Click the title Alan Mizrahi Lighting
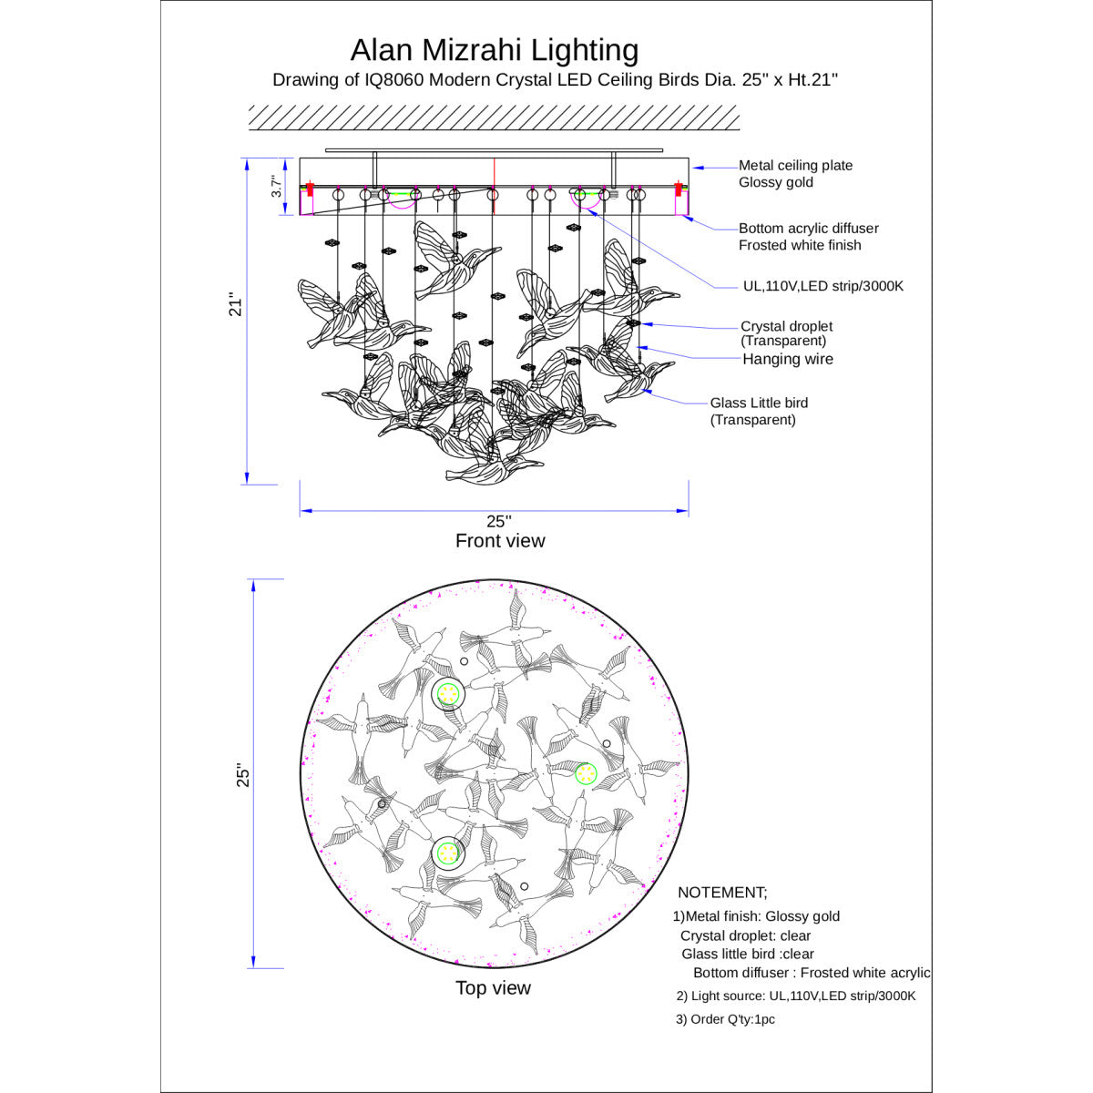click(x=494, y=50)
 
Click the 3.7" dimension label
click(x=276, y=186)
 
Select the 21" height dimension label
click(x=235, y=304)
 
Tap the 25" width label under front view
click(x=498, y=521)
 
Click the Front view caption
click(x=500, y=540)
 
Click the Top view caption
click(x=493, y=987)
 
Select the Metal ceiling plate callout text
click(x=795, y=174)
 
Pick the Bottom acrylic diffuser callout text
click(x=808, y=237)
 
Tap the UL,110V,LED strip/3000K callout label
click(x=823, y=286)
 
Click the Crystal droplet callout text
click(x=786, y=333)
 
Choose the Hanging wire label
click(x=788, y=359)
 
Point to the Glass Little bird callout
click(x=759, y=411)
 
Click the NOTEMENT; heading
click(x=722, y=893)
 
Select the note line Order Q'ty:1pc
click(x=725, y=1019)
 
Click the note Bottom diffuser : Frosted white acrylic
click(x=812, y=973)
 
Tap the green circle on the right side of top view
click(x=586, y=773)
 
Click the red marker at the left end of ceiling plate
click(x=310, y=189)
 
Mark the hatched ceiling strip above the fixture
click(x=494, y=117)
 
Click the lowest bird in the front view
click(x=493, y=469)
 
